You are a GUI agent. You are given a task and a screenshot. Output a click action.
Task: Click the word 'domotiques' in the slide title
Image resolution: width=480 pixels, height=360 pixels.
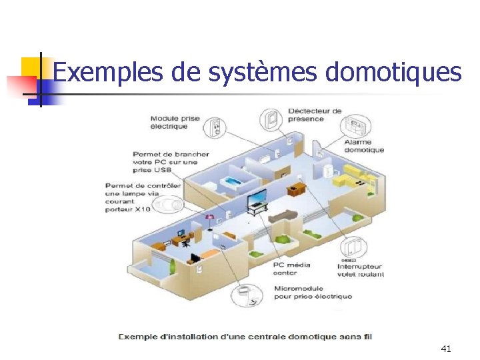coord(393,72)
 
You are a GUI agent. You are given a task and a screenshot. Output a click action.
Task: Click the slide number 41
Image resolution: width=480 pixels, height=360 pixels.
coord(446,348)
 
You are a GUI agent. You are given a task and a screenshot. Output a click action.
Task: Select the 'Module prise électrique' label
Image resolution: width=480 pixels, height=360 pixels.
coord(175,122)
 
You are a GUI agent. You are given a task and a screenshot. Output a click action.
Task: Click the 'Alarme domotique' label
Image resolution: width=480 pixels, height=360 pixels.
coord(364,146)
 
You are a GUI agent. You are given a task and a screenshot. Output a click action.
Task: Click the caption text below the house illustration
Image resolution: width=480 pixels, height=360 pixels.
coord(245,336)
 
